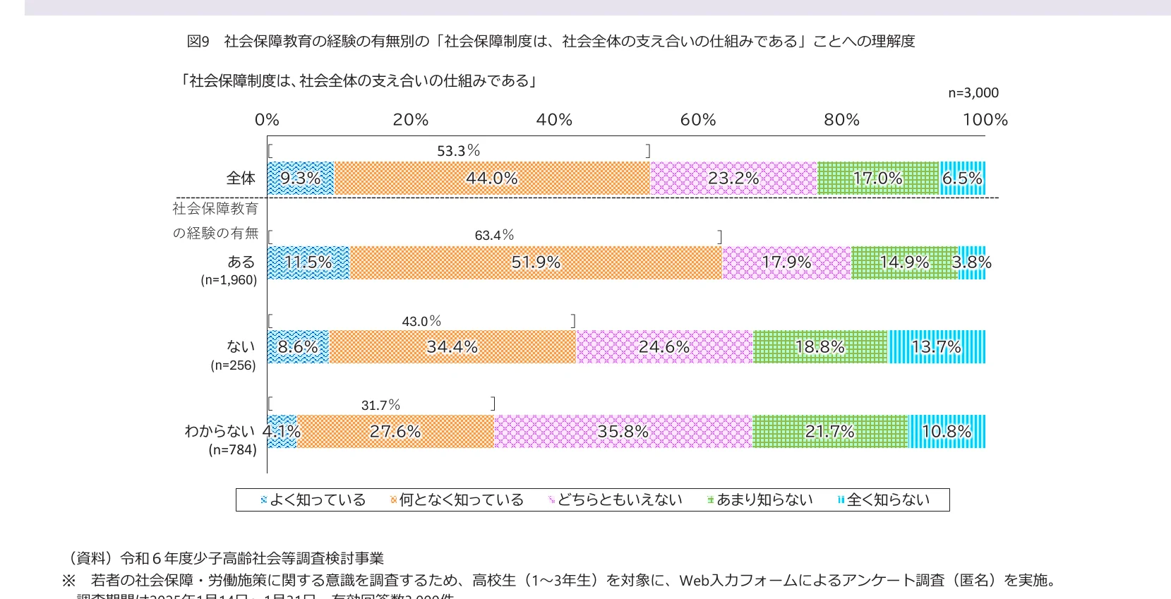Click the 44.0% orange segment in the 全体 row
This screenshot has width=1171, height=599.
(x=491, y=179)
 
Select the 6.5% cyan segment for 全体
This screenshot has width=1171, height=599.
(x=962, y=179)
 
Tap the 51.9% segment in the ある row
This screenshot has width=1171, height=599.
(x=536, y=262)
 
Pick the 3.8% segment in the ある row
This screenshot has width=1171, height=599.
(x=972, y=262)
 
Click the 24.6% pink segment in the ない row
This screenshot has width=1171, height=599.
(x=664, y=347)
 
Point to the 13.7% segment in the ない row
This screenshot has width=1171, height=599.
(x=936, y=347)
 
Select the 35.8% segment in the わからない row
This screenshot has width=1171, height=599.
(x=623, y=431)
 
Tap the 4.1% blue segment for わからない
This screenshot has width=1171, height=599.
(x=282, y=431)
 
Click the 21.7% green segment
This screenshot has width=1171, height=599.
(x=829, y=431)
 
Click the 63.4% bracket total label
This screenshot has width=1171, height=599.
(x=494, y=235)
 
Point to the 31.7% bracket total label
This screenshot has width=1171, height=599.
(x=380, y=405)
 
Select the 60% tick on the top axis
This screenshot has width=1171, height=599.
(x=698, y=120)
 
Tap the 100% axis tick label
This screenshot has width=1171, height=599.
(x=985, y=120)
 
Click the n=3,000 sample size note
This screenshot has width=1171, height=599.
(x=973, y=93)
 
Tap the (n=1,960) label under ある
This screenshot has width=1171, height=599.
(x=229, y=280)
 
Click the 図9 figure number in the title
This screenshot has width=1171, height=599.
(x=198, y=42)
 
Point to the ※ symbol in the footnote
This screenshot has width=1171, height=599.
(x=68, y=581)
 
